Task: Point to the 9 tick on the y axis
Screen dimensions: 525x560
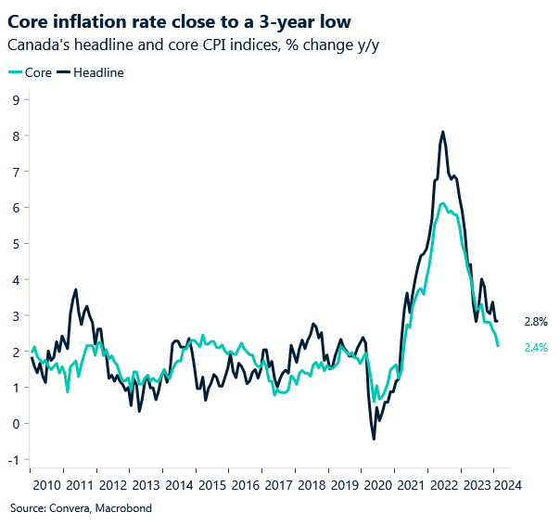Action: click(16, 99)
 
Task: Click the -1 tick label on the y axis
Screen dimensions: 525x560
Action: click(14, 460)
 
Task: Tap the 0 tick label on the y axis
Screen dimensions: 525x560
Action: click(16, 424)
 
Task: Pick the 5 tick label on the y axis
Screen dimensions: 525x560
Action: click(16, 244)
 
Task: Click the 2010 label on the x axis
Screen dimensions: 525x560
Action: click(46, 485)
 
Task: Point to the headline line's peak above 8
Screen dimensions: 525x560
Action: click(443, 132)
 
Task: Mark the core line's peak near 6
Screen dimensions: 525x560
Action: click(442, 203)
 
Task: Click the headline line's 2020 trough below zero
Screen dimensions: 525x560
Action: click(374, 439)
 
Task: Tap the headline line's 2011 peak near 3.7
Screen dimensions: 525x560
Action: click(76, 289)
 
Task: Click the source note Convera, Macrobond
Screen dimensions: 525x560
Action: click(81, 508)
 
